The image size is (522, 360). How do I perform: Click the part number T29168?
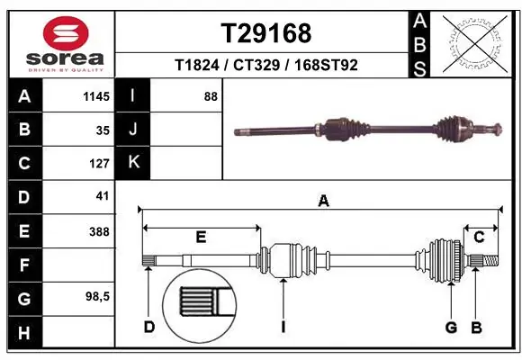click(265, 33)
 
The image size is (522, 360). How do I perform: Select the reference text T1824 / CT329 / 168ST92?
click(265, 65)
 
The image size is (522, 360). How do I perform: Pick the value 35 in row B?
click(102, 130)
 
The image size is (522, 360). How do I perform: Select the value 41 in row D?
click(102, 195)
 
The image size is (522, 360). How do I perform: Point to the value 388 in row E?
click(98, 231)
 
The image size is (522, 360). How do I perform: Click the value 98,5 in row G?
click(96, 295)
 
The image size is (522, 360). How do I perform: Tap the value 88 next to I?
click(211, 95)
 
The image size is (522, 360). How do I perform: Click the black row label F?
click(23, 265)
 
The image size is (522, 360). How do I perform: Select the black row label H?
click(23, 333)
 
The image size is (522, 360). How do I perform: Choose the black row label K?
click(133, 163)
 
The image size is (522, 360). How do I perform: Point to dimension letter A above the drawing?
click(323, 202)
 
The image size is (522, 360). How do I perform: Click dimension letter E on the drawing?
click(201, 237)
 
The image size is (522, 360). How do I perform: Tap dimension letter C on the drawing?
click(479, 237)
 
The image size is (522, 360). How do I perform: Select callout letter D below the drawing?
click(149, 327)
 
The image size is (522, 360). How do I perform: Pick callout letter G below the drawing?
click(452, 327)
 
